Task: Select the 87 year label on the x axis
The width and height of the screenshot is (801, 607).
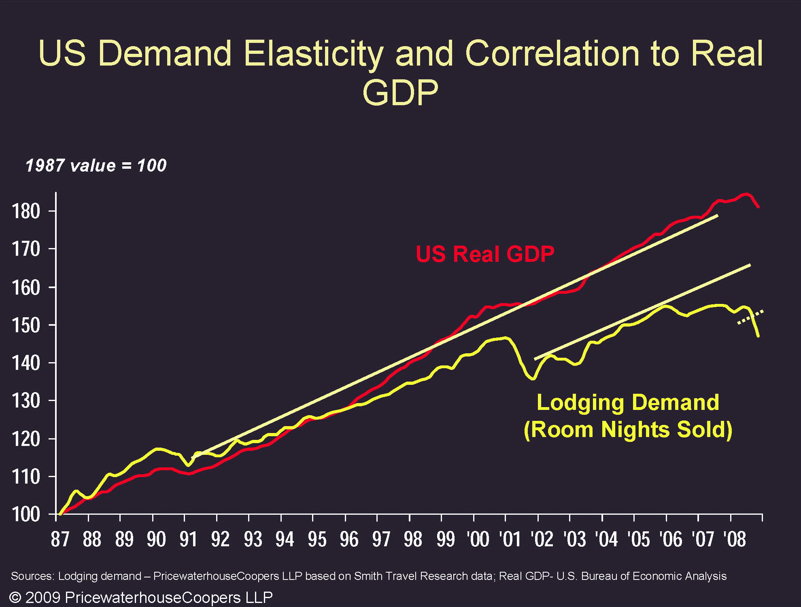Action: click(x=60, y=539)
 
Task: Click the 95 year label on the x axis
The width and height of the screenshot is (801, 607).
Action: click(x=317, y=539)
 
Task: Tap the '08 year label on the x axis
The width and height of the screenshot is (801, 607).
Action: click(x=734, y=539)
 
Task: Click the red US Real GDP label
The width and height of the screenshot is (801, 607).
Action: click(x=485, y=254)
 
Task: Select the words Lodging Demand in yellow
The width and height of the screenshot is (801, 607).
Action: click(x=628, y=403)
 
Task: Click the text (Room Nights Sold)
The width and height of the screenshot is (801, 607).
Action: click(x=628, y=429)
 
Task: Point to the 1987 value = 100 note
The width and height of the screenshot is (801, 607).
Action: click(x=96, y=166)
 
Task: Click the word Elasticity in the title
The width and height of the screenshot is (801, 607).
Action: click(x=314, y=53)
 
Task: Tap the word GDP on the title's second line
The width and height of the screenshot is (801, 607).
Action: click(x=400, y=92)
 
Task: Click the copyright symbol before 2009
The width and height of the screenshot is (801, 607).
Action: click(x=15, y=597)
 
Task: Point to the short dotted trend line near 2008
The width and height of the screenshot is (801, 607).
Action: click(x=750, y=317)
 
